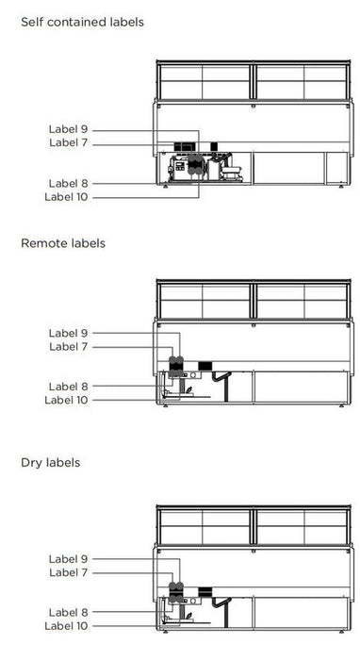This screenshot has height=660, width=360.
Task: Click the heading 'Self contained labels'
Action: (82, 21)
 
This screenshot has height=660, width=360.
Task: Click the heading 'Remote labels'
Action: (62, 243)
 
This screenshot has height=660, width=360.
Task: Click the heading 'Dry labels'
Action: (50, 463)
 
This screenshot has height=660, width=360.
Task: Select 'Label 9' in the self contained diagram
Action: (68, 129)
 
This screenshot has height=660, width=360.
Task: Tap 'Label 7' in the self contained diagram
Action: (68, 142)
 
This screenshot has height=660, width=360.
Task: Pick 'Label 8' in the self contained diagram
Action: (68, 183)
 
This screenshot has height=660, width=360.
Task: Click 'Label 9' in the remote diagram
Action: (68, 333)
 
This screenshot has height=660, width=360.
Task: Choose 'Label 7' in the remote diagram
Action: (68, 346)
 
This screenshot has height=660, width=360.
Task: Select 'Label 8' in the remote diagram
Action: (68, 386)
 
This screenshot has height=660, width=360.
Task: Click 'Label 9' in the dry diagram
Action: (68, 559)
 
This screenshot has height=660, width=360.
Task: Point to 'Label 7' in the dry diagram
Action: (68, 572)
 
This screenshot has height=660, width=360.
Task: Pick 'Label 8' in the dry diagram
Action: (68, 613)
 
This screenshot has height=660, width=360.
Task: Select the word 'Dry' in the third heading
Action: (31, 463)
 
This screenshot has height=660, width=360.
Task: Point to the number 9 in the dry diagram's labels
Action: (84, 559)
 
